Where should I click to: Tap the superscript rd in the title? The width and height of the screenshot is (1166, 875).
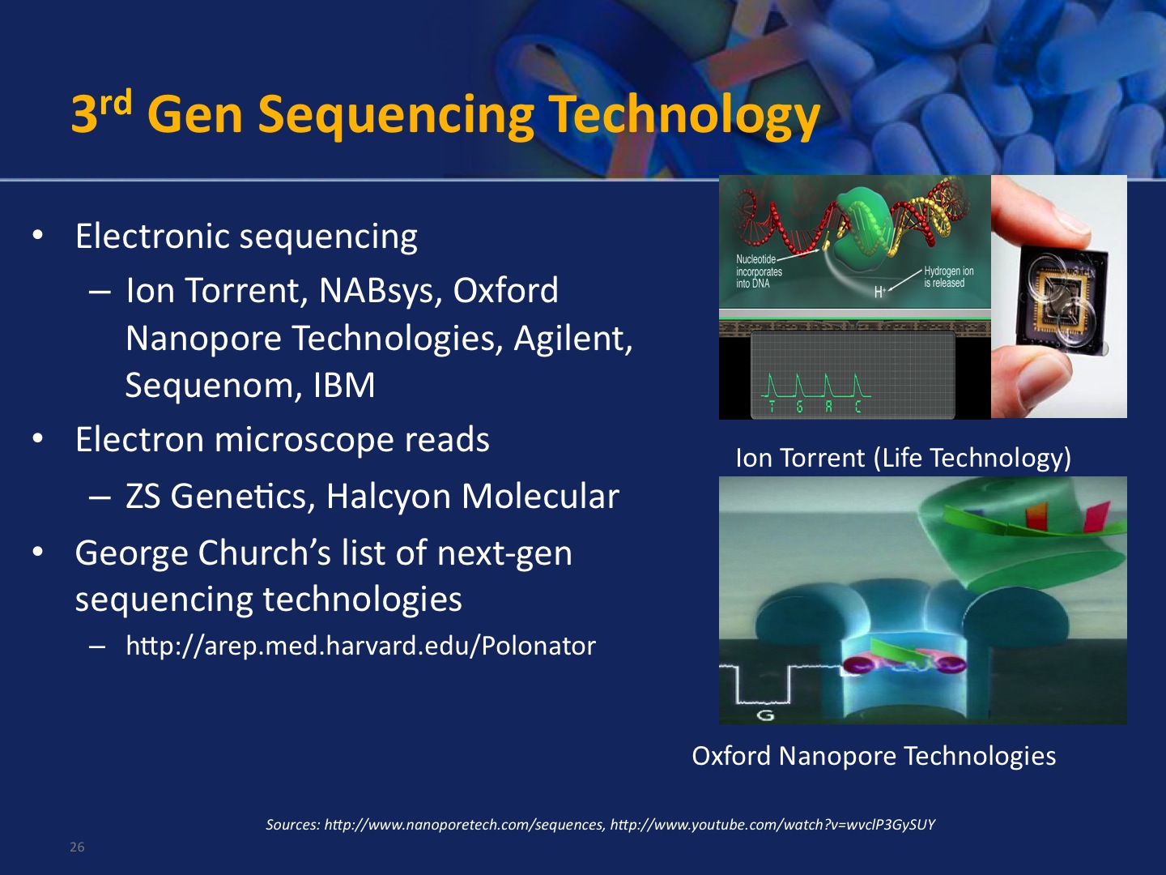tap(116, 103)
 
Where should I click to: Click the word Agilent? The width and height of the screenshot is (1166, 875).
tap(573, 339)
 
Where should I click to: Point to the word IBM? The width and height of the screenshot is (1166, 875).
tap(344, 385)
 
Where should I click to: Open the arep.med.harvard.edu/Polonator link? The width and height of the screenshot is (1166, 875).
tap(360, 646)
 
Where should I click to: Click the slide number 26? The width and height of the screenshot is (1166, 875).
tap(77, 847)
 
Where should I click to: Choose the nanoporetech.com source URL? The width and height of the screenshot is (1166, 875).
tap(464, 825)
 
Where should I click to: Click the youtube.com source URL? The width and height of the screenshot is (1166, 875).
tap(772, 825)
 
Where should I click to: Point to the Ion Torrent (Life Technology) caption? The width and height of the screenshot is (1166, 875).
tap(903, 458)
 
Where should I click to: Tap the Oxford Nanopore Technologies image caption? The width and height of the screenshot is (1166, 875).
tap(874, 756)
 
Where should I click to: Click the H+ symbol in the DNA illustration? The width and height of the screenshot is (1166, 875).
tap(879, 292)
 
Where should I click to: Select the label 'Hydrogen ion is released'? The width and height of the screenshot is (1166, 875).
tap(949, 277)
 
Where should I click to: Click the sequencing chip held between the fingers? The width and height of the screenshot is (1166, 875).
tap(1061, 300)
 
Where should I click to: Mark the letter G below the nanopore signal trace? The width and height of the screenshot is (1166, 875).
tap(765, 715)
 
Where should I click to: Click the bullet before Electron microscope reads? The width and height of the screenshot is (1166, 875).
tap(37, 438)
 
